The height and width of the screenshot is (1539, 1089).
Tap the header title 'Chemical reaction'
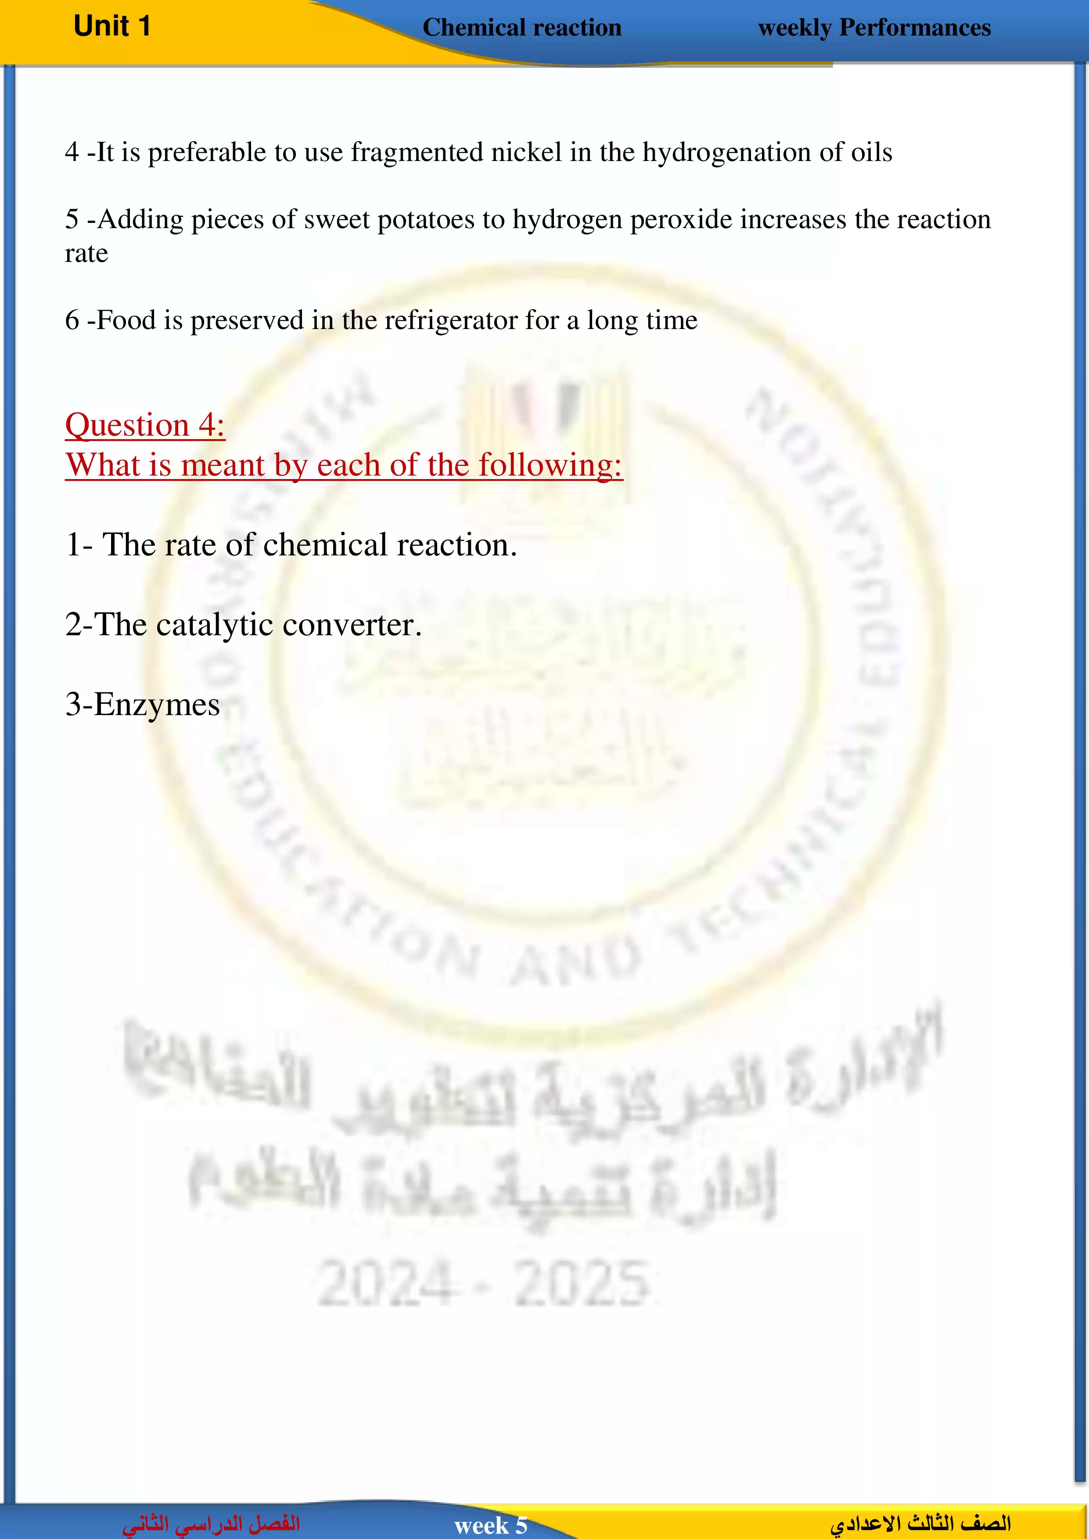click(x=522, y=28)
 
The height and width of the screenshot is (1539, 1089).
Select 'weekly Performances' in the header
click(x=874, y=28)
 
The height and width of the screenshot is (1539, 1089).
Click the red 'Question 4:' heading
click(x=145, y=425)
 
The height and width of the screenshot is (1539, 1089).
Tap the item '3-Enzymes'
click(x=142, y=705)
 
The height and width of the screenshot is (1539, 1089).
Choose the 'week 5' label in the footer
click(x=491, y=1525)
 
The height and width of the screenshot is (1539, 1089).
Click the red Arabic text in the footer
click(x=211, y=1524)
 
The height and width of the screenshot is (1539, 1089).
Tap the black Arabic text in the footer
click(x=920, y=1524)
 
